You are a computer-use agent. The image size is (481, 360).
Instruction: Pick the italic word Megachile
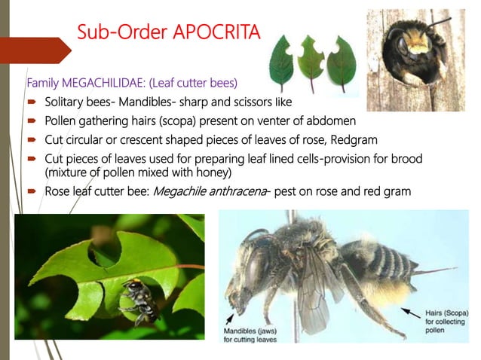click(182, 191)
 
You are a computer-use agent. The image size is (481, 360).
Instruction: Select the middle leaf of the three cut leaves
click(310, 59)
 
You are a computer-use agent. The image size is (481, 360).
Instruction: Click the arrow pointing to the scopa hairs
click(410, 310)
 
